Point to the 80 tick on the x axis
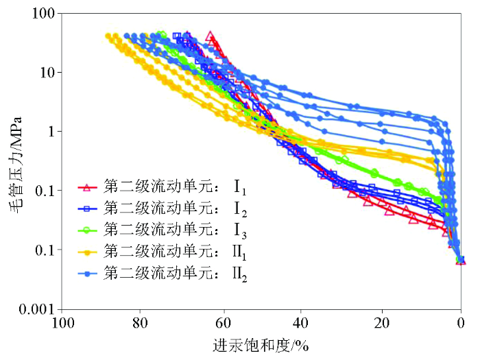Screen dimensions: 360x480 pos(141,322)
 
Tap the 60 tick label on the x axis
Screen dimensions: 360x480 pos(221,322)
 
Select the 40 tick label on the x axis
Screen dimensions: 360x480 pos(301,322)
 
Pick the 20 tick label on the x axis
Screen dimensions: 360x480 pos(381,322)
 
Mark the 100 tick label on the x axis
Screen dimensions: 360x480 pos(62,322)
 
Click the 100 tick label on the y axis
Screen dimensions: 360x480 pos(46,13)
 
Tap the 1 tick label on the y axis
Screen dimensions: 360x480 pos(52,131)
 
